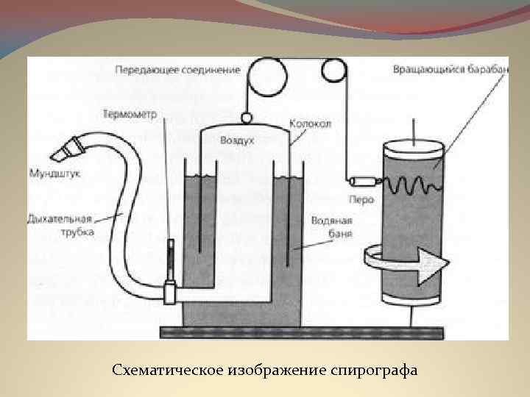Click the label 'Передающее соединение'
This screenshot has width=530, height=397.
177,70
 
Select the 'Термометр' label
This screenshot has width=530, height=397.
134,114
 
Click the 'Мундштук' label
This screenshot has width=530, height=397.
54,174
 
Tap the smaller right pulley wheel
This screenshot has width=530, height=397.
333,71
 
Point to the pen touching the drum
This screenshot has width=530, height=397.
364,181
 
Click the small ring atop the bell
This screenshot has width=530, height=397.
245,115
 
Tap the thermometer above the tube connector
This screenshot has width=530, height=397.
169,257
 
